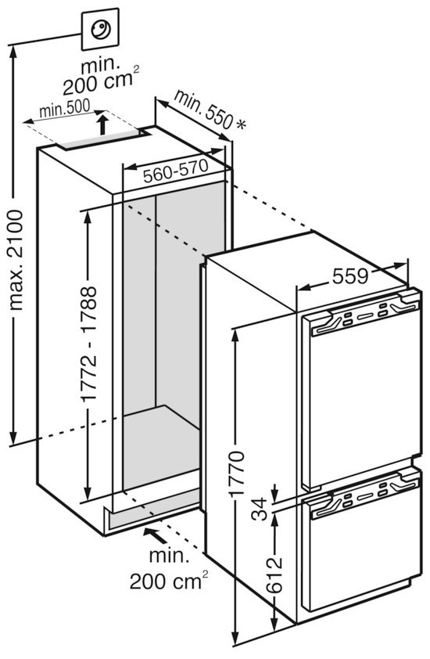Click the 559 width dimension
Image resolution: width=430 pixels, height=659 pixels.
[x=350, y=276]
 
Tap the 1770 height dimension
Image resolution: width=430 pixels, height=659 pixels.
[x=237, y=473]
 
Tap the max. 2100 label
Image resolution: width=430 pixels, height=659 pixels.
[x=16, y=261]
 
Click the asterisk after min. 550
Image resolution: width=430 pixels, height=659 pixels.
[x=241, y=124]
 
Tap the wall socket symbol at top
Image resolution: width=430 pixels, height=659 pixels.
[x=100, y=30]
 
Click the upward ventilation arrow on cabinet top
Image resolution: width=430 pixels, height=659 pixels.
[x=102, y=125]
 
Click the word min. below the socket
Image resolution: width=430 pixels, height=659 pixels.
[x=101, y=66]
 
